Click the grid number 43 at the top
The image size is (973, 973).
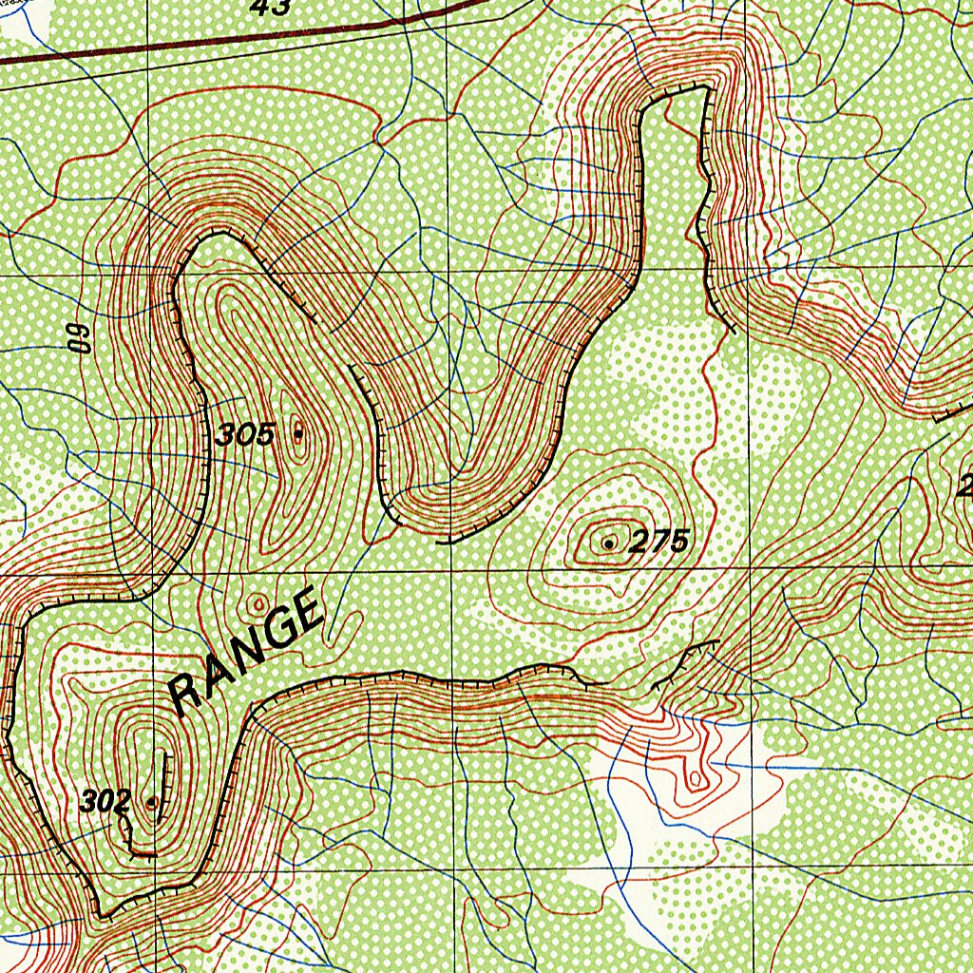click(x=271, y=8)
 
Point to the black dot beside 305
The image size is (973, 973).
click(x=298, y=433)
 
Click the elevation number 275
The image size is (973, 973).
click(x=658, y=543)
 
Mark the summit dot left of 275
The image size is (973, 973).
click(x=608, y=544)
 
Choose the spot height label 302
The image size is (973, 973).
click(x=105, y=802)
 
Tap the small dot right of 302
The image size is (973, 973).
click(x=152, y=802)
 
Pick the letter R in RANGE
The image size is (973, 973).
click(x=187, y=696)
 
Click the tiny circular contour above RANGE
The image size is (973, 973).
click(x=258, y=602)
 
